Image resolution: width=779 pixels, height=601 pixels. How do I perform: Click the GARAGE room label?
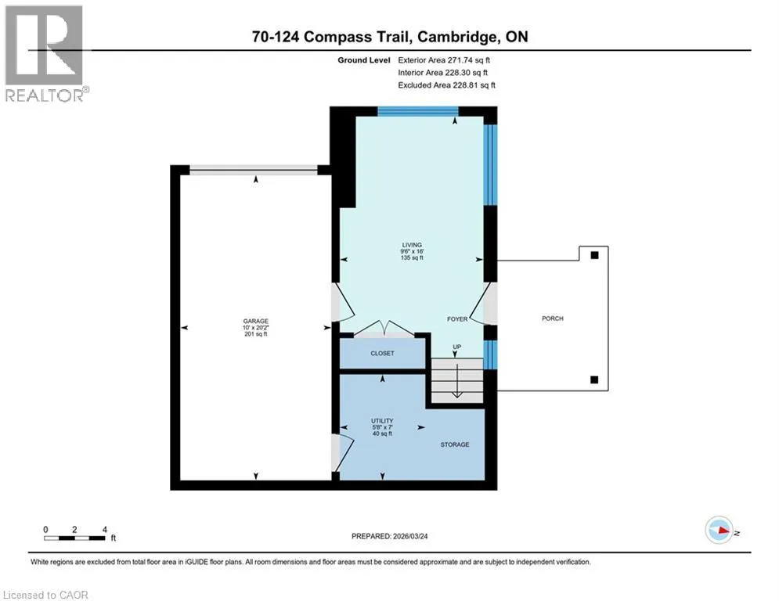point(256,321)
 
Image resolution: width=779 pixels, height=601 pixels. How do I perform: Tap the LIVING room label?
point(412,245)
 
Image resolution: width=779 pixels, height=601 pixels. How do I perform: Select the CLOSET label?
point(382,353)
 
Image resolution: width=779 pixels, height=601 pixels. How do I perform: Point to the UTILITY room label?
point(382,421)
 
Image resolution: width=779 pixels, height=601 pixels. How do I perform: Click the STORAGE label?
point(455,444)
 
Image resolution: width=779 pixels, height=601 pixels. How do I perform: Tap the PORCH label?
point(553,318)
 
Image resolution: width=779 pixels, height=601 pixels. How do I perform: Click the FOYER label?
point(457,318)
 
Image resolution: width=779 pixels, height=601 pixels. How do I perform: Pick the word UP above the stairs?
point(456,347)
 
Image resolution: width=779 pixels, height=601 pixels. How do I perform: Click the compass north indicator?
point(719,530)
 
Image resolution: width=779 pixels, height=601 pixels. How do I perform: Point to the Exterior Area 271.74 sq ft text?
point(444,60)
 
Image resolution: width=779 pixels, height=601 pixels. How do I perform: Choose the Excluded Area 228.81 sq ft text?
point(446,85)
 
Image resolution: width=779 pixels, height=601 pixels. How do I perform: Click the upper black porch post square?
point(594,255)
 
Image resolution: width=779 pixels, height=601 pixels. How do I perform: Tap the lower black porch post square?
point(594,380)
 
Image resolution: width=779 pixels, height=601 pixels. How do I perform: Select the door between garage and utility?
point(342,452)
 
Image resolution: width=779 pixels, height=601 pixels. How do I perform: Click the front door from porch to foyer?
point(483,304)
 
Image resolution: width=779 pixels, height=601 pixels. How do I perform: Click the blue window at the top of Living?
point(418,111)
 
